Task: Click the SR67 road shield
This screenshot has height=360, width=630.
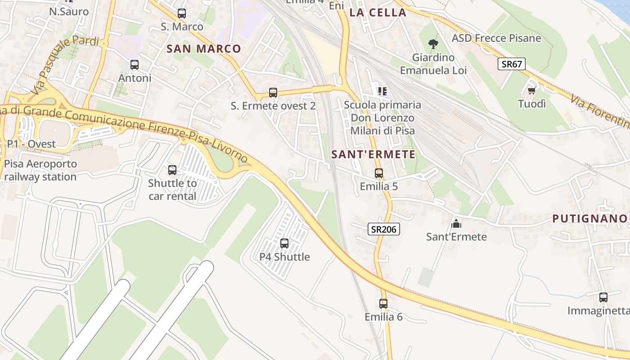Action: (x=512, y=64)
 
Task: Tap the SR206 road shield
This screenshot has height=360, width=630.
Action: (x=384, y=229)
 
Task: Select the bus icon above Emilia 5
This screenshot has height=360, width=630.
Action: (x=379, y=173)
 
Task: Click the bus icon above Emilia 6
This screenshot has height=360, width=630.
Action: (x=383, y=304)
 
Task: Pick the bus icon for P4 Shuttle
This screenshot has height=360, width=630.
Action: (x=284, y=243)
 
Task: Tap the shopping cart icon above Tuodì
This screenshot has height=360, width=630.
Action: (x=531, y=90)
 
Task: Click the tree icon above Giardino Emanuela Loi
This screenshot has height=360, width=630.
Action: (x=433, y=44)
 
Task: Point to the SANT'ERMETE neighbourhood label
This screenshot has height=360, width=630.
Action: (x=373, y=154)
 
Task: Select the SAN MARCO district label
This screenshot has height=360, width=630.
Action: (x=204, y=49)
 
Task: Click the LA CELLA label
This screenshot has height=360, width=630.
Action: (x=378, y=13)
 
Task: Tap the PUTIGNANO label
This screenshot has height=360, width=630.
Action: (x=589, y=219)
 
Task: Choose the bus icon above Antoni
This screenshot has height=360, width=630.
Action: (x=135, y=65)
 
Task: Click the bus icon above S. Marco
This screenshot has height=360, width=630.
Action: (x=182, y=13)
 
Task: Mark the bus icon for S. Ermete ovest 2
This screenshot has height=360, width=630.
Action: (x=273, y=93)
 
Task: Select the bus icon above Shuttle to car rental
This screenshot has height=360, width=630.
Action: (x=172, y=170)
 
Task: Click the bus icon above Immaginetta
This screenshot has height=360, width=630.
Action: (x=603, y=297)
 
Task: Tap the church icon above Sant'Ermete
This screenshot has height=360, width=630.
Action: (x=456, y=223)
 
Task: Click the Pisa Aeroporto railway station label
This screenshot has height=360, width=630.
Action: (x=40, y=170)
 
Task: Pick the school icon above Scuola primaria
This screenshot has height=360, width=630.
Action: (x=382, y=91)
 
